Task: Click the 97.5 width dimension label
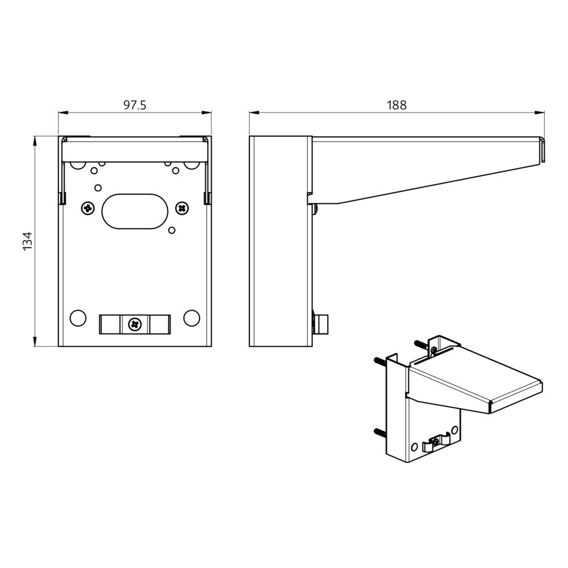click(x=135, y=105)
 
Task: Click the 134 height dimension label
click(x=27, y=241)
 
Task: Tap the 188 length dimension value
click(x=396, y=105)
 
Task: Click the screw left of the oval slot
click(x=88, y=208)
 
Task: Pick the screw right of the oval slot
click(x=182, y=208)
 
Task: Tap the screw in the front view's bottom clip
click(x=135, y=324)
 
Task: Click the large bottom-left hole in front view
click(x=78, y=318)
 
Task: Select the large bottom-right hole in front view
click(x=191, y=318)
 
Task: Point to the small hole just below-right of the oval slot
click(x=172, y=230)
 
